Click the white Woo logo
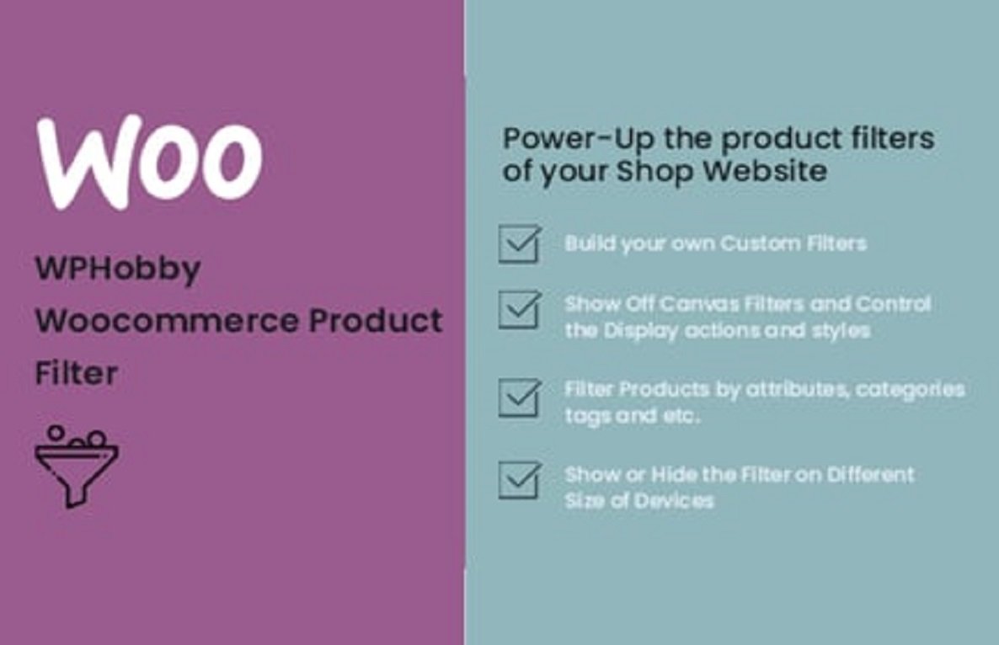(148, 162)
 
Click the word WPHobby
(118, 269)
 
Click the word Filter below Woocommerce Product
(76, 373)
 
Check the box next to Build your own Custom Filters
(519, 244)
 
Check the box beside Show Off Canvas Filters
(519, 310)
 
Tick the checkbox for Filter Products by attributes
(519, 398)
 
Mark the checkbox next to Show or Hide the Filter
(519, 479)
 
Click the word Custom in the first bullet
(763, 244)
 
